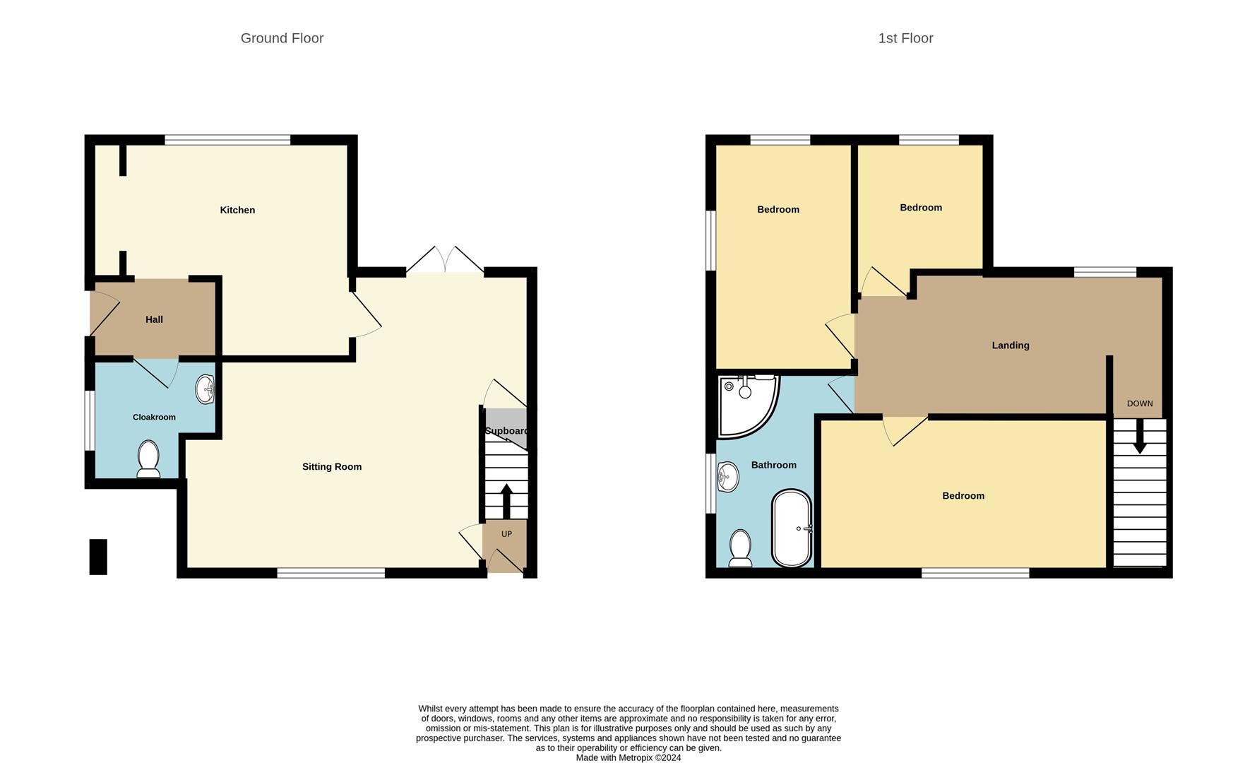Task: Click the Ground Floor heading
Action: [x=282, y=38]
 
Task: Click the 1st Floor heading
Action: [x=905, y=38]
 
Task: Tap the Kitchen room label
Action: [x=237, y=210]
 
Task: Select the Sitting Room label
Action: [x=332, y=466]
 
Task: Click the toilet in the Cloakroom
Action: [x=148, y=458]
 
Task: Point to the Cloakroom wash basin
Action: [x=205, y=389]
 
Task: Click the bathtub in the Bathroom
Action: [x=792, y=528]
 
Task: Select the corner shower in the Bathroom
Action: [x=745, y=403]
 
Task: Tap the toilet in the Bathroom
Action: [x=740, y=548]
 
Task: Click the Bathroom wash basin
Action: [x=727, y=477]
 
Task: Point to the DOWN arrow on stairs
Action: [x=1139, y=438]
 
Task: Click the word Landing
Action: [x=1011, y=345]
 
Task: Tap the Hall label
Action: [x=154, y=319]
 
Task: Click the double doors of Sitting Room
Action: [x=445, y=261]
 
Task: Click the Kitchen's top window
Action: [x=227, y=140]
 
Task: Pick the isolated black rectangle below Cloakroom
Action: [x=98, y=557]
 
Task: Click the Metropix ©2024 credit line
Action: [x=628, y=757]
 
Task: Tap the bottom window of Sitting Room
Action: [x=331, y=573]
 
